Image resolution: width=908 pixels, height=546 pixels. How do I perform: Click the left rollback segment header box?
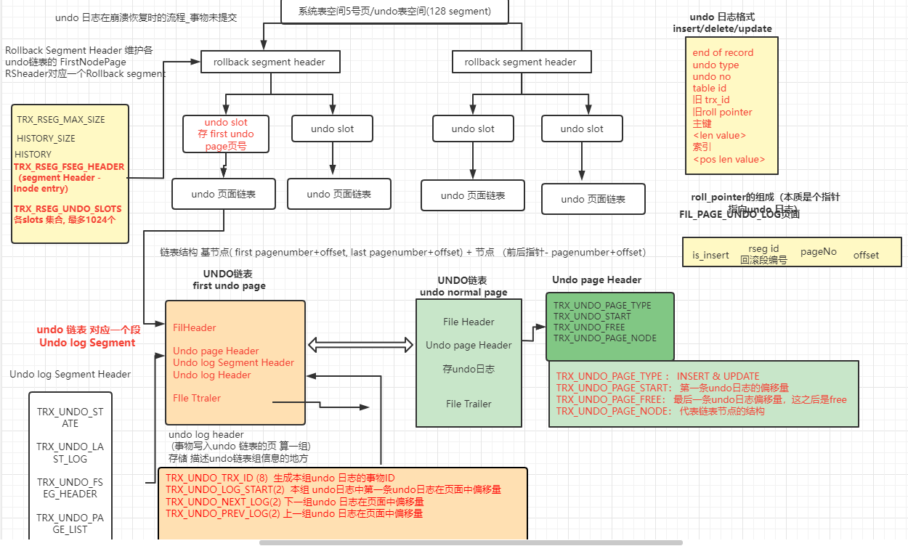[x=269, y=62]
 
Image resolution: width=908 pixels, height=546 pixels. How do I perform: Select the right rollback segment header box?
[x=520, y=62]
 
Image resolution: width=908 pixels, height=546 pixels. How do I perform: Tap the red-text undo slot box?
[x=226, y=134]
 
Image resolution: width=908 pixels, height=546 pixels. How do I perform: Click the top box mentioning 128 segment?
[x=394, y=12]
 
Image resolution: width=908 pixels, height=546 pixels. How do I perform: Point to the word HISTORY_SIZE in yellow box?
[x=46, y=138]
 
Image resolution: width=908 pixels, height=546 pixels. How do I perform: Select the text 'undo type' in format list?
[x=716, y=65]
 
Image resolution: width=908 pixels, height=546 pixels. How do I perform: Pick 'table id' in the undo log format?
[x=709, y=88]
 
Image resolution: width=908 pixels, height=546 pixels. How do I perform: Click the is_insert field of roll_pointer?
[x=710, y=255]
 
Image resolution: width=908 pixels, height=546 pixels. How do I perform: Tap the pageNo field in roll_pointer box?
[x=819, y=251]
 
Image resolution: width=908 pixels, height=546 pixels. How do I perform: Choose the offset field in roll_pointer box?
[x=866, y=255]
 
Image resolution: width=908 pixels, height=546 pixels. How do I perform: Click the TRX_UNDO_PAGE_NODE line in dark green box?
[x=605, y=338]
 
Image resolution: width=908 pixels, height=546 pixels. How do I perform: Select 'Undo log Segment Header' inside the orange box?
[x=233, y=362]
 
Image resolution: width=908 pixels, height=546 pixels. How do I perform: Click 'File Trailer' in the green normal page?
[x=469, y=404]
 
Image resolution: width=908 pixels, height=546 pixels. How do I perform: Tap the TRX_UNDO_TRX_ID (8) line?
[x=280, y=478]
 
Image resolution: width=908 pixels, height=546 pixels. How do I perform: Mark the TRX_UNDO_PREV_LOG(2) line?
[x=294, y=513]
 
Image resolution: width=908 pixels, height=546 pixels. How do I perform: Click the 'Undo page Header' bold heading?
[x=596, y=280]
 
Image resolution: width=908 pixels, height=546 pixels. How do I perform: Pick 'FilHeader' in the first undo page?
[x=194, y=327]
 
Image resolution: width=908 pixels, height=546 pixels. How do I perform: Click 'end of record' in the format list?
[x=723, y=52]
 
